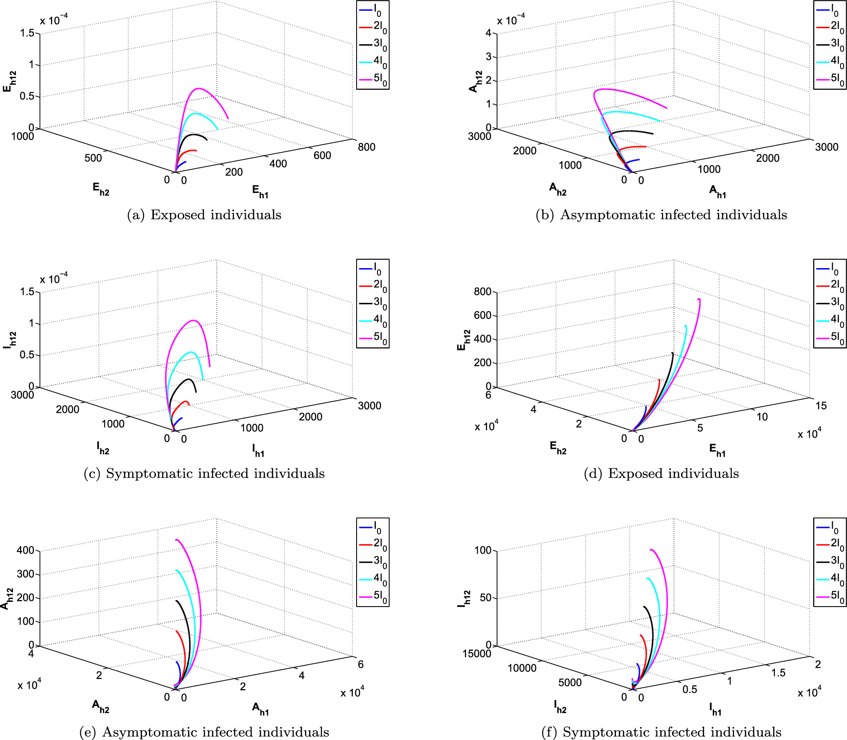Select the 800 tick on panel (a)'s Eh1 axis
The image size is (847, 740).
[x=366, y=147]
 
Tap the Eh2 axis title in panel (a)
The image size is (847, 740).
[x=101, y=189]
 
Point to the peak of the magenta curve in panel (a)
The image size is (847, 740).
[x=199, y=89]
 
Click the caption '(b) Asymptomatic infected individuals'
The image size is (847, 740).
[x=661, y=215]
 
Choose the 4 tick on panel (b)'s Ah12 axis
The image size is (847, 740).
[x=488, y=33]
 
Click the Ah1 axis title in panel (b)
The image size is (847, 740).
[x=718, y=191]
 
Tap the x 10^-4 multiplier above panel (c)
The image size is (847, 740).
[x=54, y=278]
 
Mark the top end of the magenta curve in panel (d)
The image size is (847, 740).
[x=699, y=299]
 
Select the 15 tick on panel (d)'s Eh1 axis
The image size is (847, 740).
[x=821, y=405]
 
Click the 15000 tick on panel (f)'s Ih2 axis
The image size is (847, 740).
[x=476, y=654]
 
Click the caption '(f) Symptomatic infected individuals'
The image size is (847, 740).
[x=661, y=732]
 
